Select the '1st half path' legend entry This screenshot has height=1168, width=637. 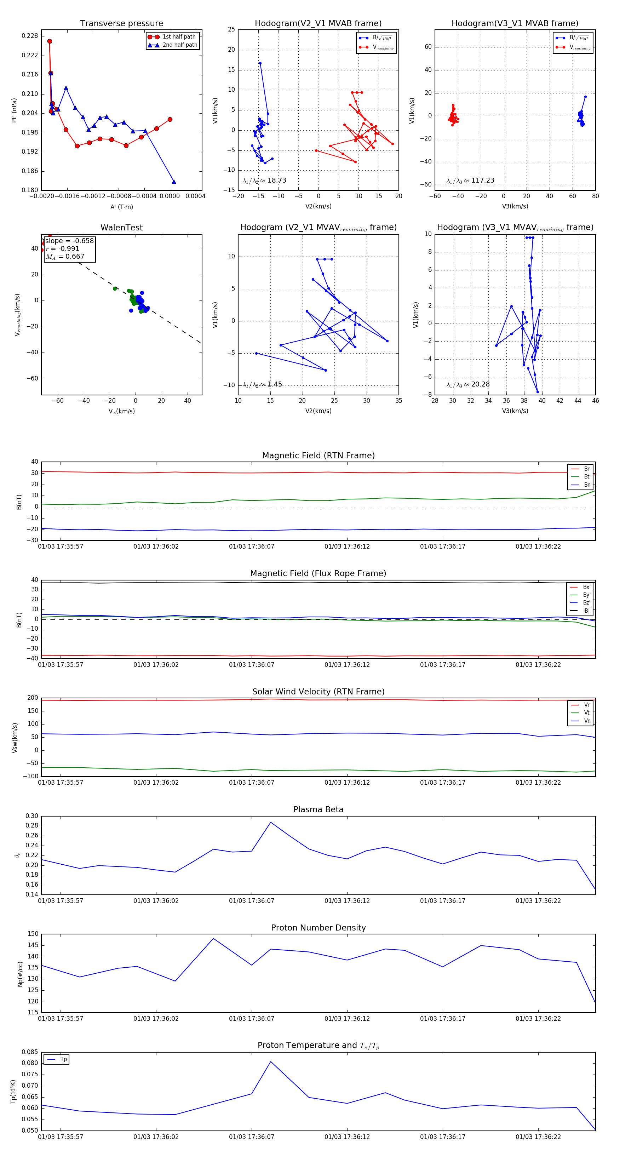179,37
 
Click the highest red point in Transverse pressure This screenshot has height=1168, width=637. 50,41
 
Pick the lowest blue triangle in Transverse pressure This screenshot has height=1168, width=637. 174,182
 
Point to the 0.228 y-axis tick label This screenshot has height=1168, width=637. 30,36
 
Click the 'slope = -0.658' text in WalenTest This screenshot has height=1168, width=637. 69,241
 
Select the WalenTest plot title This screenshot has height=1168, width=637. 121,228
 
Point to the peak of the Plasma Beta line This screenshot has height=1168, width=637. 271,822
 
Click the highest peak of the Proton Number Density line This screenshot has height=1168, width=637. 213,939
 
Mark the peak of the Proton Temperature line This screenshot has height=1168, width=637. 271,1061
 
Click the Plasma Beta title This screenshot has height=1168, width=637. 318,809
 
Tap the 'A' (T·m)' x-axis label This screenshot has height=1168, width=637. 121,207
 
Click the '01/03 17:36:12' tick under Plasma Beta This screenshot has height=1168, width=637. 347,900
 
